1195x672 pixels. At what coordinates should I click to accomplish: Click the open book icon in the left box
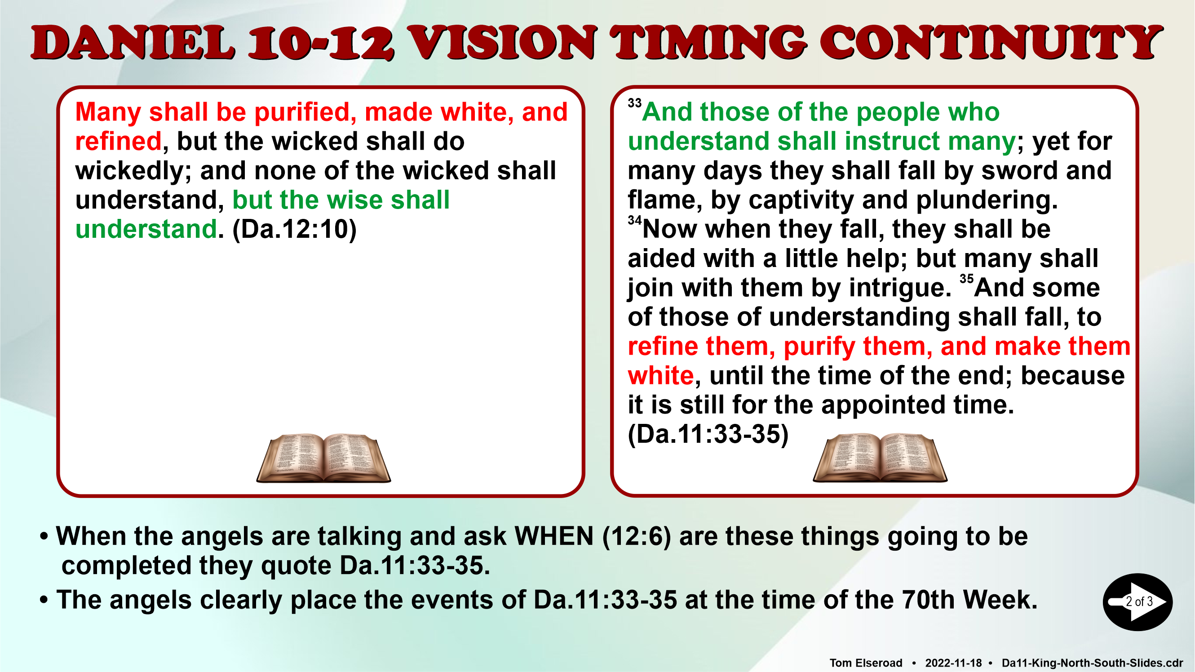tap(324, 458)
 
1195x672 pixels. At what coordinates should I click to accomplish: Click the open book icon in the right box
tap(880, 458)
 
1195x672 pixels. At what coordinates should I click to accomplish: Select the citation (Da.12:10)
tap(295, 229)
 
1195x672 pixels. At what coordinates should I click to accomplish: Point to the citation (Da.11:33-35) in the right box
tap(708, 434)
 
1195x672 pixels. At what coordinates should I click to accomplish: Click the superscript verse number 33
tap(635, 103)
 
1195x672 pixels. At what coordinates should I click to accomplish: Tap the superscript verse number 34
tap(635, 220)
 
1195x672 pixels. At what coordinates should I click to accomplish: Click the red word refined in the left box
tap(118, 141)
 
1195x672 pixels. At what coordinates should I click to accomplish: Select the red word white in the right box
tap(660, 375)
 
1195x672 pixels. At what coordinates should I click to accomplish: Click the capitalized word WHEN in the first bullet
tap(554, 537)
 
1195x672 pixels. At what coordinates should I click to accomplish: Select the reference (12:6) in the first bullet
tap(637, 537)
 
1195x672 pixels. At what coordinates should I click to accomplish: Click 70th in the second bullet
tap(929, 600)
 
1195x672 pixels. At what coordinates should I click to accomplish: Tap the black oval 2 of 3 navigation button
tap(1137, 602)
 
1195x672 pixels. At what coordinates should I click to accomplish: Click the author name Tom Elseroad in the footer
tap(866, 663)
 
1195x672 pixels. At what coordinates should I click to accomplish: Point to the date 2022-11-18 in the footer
tap(953, 663)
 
